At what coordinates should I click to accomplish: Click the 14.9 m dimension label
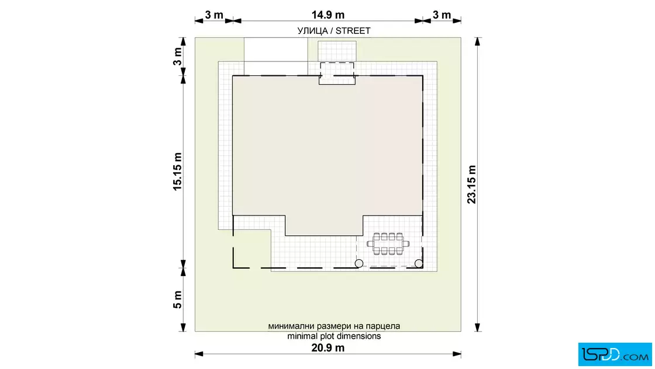coord(328,15)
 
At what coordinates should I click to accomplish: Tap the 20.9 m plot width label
coord(328,348)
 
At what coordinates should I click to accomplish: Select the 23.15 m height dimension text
coord(471,184)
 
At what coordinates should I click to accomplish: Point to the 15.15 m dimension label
coord(178,172)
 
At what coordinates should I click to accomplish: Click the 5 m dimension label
coord(178,300)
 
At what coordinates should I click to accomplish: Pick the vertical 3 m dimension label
coord(178,56)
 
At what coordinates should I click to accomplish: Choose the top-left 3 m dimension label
coord(214,15)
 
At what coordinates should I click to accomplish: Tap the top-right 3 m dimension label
coord(442,15)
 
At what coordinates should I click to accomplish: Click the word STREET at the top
coord(353,31)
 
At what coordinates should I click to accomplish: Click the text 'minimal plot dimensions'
coord(334,336)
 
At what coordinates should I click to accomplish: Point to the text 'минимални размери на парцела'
coord(334,326)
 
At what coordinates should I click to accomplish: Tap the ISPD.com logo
coord(615,354)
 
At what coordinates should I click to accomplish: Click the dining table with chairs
coord(388,244)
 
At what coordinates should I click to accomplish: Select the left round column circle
coord(359,263)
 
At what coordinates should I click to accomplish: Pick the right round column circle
coord(419,263)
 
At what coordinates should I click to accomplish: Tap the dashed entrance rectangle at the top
coord(337,70)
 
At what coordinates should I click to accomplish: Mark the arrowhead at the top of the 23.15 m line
coord(477,41)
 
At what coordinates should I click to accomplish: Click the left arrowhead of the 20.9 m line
coord(199,354)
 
